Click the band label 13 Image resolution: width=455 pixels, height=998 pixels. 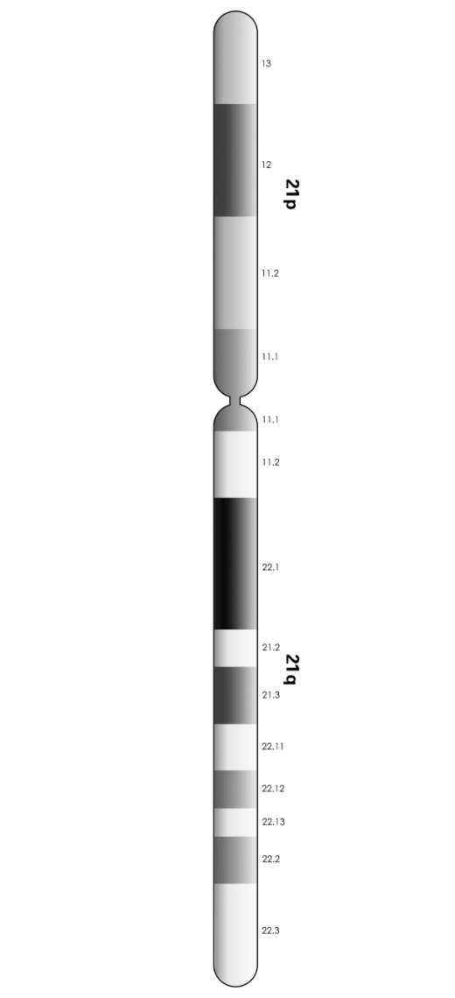pyautogui.click(x=267, y=64)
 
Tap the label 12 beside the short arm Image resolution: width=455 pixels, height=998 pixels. pyautogui.click(x=267, y=165)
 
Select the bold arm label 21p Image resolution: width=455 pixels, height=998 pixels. pyautogui.click(x=291, y=194)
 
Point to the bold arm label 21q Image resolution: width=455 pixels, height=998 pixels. pyautogui.click(x=291, y=670)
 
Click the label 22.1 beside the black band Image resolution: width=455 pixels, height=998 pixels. pyautogui.click(x=270, y=567)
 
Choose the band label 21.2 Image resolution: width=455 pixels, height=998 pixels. pyautogui.click(x=270, y=647)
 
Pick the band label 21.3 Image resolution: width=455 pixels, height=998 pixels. pyautogui.click(x=270, y=695)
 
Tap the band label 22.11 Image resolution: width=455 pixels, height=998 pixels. pyautogui.click(x=273, y=747)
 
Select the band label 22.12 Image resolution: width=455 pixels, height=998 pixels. pyautogui.click(x=273, y=789)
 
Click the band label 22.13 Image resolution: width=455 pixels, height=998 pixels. pyautogui.click(x=273, y=822)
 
